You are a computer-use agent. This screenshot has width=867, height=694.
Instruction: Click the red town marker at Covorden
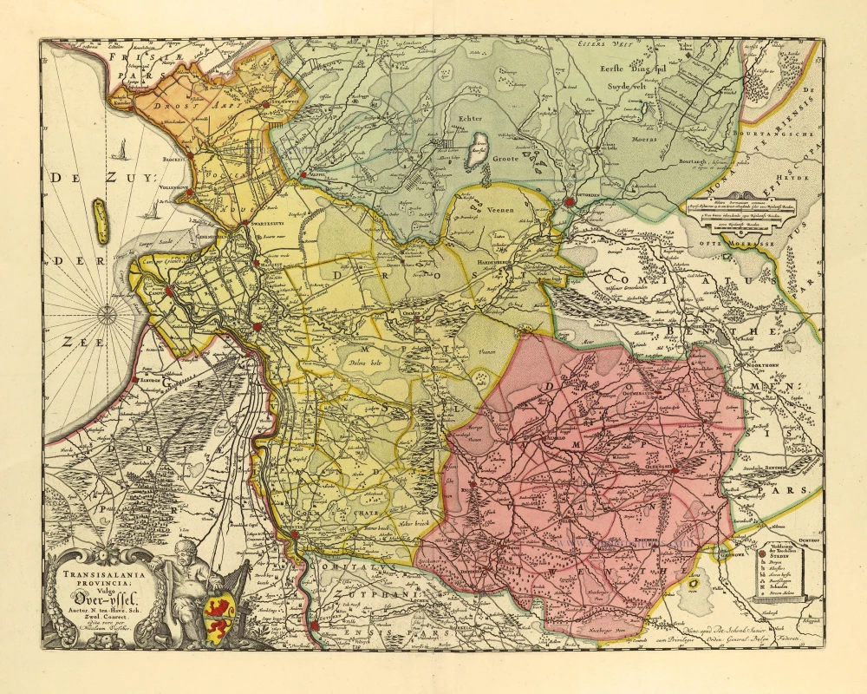(569, 201)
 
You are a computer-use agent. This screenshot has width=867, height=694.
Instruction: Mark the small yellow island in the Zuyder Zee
(100, 220)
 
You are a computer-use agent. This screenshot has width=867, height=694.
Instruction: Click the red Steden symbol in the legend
(763, 553)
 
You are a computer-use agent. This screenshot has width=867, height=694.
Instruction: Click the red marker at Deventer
(295, 535)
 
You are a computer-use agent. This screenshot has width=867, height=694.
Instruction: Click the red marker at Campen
(171, 291)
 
